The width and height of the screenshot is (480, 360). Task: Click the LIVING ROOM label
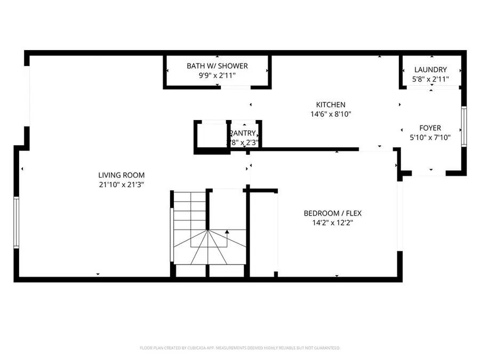[x=121, y=175]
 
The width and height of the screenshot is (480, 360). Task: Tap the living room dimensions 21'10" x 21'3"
[x=121, y=185]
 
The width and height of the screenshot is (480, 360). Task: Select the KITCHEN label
[x=331, y=105]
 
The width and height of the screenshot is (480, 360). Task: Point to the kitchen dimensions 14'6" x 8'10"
[x=331, y=114]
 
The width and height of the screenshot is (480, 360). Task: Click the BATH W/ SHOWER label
[x=217, y=66]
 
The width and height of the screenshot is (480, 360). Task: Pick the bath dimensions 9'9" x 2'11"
[x=217, y=75]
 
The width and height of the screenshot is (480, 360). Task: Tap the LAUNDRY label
[x=430, y=70]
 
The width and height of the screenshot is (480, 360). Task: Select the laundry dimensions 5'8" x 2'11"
[x=430, y=79]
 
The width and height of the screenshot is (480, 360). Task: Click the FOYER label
[x=430, y=128]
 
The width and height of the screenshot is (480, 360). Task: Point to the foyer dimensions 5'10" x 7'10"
[x=430, y=137]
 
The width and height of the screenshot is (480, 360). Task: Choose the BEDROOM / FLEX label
[x=332, y=213]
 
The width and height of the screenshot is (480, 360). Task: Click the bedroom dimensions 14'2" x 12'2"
[x=332, y=223]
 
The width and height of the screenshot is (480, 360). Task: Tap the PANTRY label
[x=244, y=133]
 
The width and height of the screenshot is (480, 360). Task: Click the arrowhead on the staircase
[x=227, y=232]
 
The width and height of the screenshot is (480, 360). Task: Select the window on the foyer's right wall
[x=464, y=126]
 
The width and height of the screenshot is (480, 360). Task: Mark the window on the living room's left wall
[x=16, y=222]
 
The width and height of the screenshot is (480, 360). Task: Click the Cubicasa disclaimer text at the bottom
[x=240, y=348]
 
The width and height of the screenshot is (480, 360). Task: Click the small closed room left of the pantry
[x=211, y=137]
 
